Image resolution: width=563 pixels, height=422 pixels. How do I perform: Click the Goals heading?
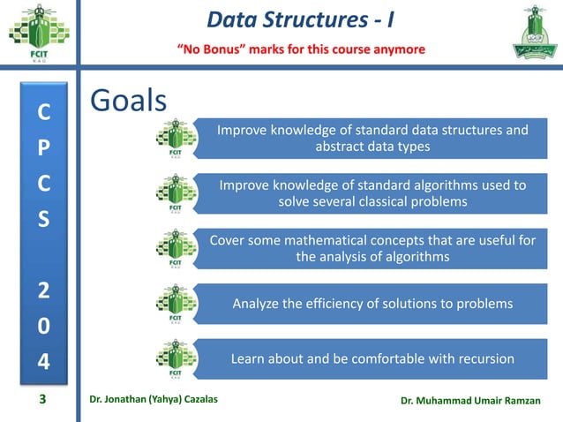tap(128, 101)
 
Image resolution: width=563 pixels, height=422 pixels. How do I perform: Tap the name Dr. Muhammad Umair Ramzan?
tap(470, 401)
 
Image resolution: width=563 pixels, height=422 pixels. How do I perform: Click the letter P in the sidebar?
tap(44, 150)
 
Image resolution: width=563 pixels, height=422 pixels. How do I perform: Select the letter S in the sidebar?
tap(44, 220)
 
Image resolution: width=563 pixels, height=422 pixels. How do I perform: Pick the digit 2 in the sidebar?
tap(44, 292)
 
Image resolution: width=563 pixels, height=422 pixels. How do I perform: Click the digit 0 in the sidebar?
tap(44, 327)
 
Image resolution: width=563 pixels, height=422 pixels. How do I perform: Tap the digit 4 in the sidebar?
tap(44, 362)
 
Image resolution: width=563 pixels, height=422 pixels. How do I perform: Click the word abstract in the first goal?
tap(342, 147)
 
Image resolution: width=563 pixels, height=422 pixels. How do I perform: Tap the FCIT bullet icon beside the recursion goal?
tap(175, 358)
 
